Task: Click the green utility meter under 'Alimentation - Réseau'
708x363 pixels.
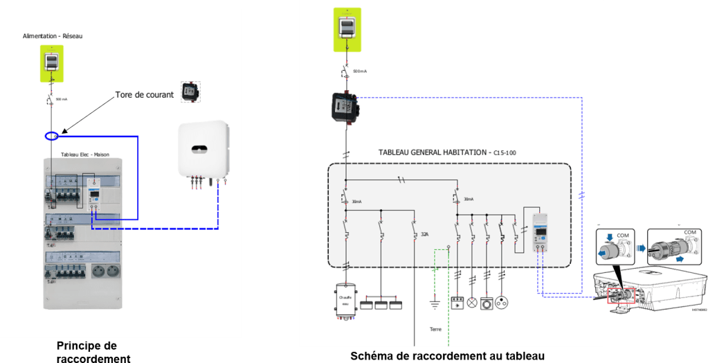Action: [x=51, y=63]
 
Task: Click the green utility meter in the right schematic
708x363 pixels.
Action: [x=346, y=29]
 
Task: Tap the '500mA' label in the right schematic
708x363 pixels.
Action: [x=360, y=71]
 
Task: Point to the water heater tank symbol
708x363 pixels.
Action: [x=345, y=302]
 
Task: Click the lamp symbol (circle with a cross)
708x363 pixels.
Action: [x=473, y=302]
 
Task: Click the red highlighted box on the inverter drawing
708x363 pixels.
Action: [x=614, y=296]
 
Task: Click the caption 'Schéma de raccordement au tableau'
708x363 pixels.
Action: [x=448, y=355]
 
